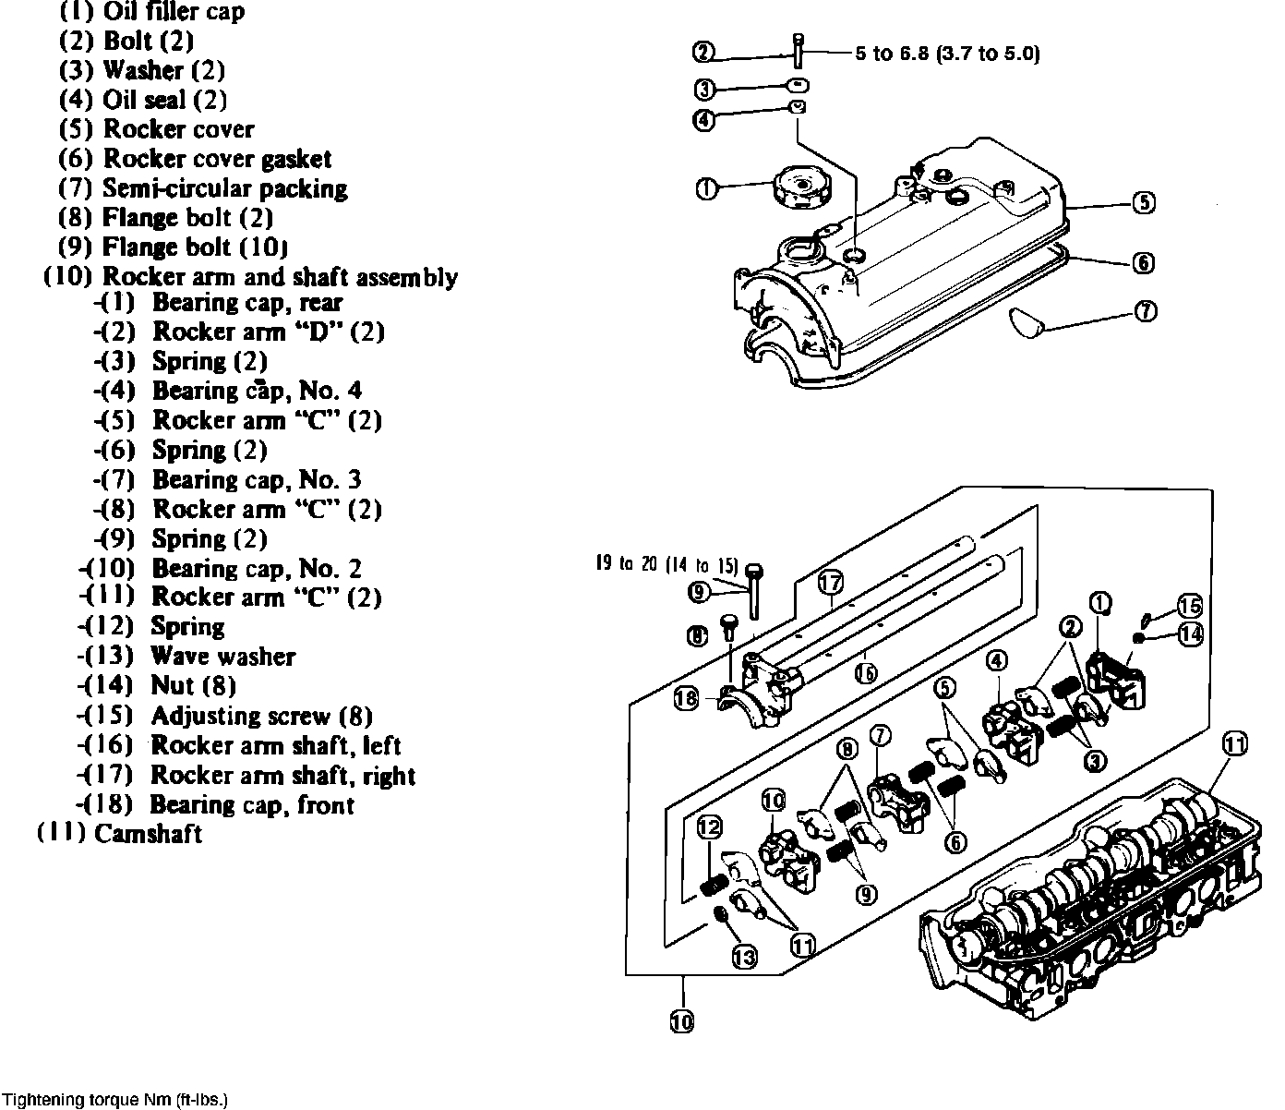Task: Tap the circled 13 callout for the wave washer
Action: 745,958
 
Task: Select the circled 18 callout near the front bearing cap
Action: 686,700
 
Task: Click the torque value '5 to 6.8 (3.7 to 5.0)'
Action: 947,54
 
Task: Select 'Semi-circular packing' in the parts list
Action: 224,188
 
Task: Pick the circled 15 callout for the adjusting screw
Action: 1190,606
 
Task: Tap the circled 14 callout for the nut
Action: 1190,634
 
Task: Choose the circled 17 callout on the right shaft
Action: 830,582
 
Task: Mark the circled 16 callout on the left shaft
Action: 865,673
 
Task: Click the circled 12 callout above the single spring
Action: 709,827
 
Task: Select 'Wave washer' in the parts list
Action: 222,657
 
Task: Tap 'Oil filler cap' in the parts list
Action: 174,12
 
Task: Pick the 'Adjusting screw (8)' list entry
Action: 261,716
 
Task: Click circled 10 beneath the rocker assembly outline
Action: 682,1021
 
